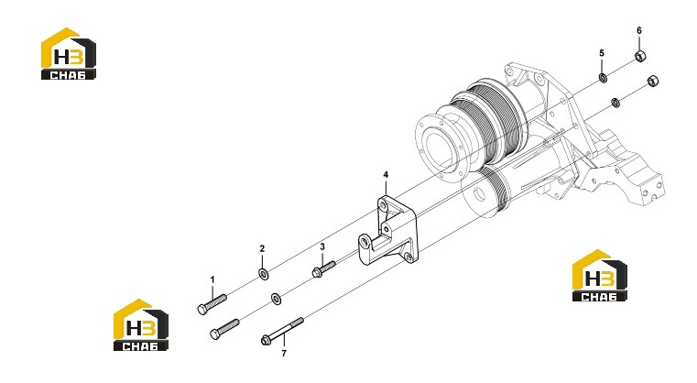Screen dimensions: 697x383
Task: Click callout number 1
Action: coord(212,279)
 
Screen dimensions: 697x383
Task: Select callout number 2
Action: coord(262,248)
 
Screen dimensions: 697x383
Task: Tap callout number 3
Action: coord(322,246)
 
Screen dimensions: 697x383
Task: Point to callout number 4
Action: coord(386,175)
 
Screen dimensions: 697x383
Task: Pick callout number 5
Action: coord(602,53)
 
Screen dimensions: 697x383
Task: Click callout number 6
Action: coord(639,30)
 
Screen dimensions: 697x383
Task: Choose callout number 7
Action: coord(284,353)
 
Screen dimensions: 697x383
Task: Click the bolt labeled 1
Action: coord(212,304)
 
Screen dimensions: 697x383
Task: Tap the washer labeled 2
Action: coord(263,274)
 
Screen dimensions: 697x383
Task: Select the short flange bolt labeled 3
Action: coord(323,269)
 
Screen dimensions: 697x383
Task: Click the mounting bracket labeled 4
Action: coord(387,231)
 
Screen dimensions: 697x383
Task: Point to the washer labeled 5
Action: coord(603,78)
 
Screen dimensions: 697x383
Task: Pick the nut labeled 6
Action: coord(640,56)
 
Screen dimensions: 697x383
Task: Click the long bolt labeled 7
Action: coord(282,331)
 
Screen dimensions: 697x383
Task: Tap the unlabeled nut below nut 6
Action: coord(652,81)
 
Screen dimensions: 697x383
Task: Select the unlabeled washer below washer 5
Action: coord(615,102)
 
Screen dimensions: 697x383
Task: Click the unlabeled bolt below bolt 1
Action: coord(224,329)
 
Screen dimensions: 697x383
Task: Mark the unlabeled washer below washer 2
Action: coord(276,299)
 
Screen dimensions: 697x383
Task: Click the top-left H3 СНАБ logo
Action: coord(69,54)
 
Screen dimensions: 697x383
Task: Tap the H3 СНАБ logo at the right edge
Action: coord(600,276)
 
